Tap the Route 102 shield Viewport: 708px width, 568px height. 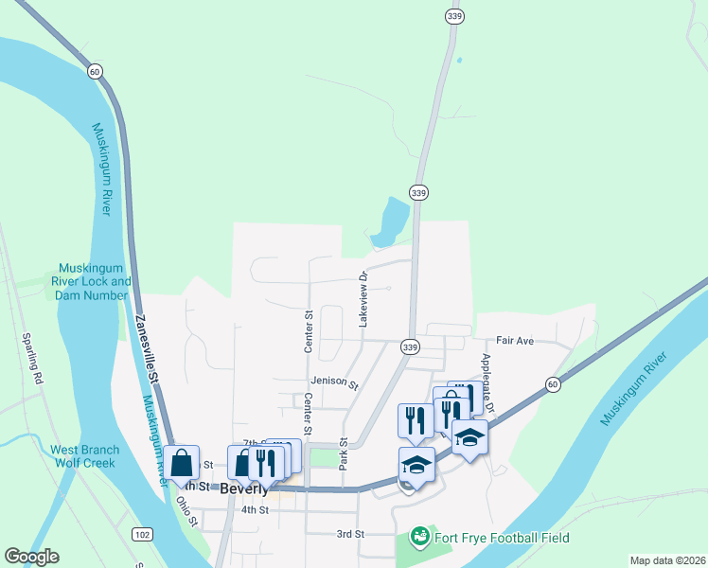coord(142,535)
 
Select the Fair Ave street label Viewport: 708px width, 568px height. coord(516,340)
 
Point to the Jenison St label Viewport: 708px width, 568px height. coord(335,384)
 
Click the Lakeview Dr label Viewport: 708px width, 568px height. coord(363,300)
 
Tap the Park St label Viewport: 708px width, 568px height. coord(344,454)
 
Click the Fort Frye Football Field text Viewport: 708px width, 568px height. coord(502,539)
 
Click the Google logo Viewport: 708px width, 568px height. coord(31,556)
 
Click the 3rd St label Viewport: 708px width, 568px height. coord(350,534)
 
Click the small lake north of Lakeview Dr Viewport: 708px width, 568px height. coord(390,220)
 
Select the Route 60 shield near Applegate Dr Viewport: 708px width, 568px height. coord(552,383)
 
